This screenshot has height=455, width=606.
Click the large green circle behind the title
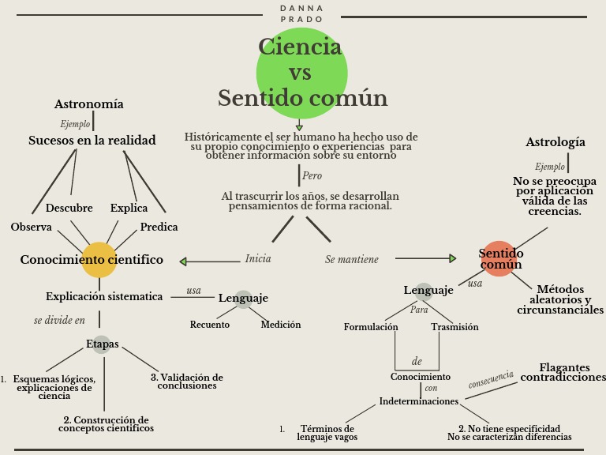(301, 73)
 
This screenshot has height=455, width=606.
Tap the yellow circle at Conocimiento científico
(99, 260)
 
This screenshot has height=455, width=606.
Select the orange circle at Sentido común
(499, 259)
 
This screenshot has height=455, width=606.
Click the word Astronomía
(88, 104)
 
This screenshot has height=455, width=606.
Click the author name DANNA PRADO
(301, 13)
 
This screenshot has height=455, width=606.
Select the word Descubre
(69, 209)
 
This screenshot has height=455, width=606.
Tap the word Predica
(159, 227)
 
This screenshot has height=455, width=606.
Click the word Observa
(32, 227)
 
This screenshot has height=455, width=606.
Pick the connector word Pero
(312, 175)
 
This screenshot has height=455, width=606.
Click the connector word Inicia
(258, 259)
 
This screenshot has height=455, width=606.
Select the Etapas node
(102, 344)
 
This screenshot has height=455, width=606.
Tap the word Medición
(281, 325)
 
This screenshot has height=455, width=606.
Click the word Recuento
(210, 325)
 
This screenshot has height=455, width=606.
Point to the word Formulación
(371, 327)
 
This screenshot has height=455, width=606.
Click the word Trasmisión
(454, 327)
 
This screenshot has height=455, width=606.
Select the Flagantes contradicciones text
(563, 373)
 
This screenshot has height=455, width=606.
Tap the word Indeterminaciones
(419, 401)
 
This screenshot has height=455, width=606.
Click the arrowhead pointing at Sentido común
(452, 258)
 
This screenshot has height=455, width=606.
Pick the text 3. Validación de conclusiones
(187, 382)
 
